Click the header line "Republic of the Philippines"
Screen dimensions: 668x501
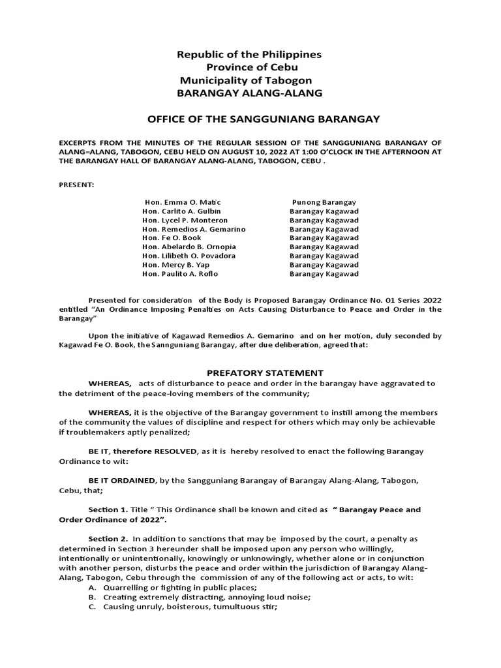click(249, 54)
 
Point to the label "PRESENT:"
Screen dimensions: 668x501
click(76, 185)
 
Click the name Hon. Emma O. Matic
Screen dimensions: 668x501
click(177, 203)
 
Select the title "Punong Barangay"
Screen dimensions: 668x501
click(324, 203)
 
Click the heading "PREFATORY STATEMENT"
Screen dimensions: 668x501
click(256, 372)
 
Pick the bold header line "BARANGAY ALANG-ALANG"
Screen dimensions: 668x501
click(250, 93)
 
